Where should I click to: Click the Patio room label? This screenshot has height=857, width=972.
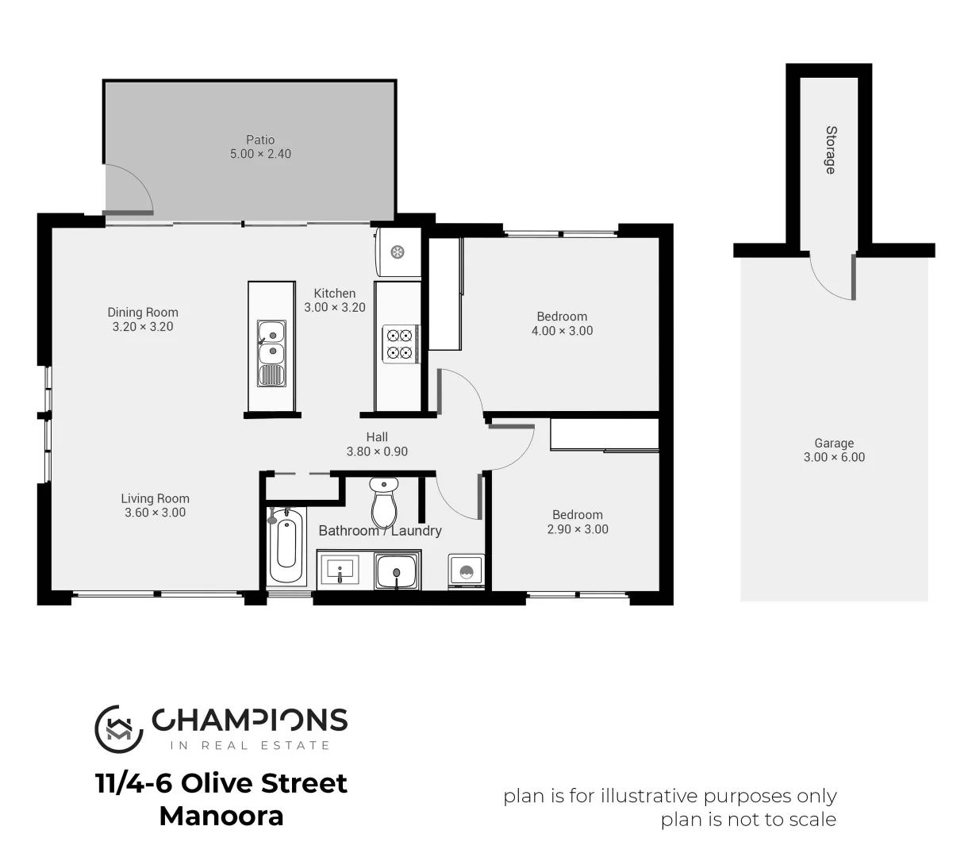(x=260, y=140)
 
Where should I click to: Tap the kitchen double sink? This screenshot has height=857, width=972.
(x=271, y=342)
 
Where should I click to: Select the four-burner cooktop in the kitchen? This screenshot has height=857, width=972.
(x=400, y=344)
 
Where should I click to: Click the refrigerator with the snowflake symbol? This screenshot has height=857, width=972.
(x=398, y=252)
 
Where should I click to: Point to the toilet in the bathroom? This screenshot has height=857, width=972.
(x=384, y=501)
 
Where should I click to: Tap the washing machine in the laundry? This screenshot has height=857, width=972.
(x=467, y=571)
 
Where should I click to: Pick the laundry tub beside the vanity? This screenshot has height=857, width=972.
(x=395, y=571)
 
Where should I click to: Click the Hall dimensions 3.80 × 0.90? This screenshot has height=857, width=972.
(x=377, y=452)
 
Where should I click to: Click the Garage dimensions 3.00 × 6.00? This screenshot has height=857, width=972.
(x=834, y=457)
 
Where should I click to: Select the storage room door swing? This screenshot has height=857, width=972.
(x=833, y=278)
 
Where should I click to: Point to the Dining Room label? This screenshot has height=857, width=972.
(x=143, y=313)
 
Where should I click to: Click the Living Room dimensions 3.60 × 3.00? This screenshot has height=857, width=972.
(x=156, y=513)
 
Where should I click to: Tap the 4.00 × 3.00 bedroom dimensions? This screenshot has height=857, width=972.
(x=562, y=331)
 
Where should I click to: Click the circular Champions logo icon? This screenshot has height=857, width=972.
(x=119, y=728)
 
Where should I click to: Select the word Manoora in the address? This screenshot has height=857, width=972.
(x=221, y=816)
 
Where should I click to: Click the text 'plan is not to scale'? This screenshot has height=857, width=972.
(x=748, y=820)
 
